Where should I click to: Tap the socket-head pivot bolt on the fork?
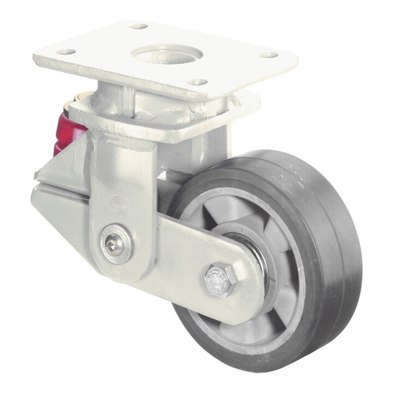tap(115, 242)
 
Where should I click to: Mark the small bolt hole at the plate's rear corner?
tap(139, 26)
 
